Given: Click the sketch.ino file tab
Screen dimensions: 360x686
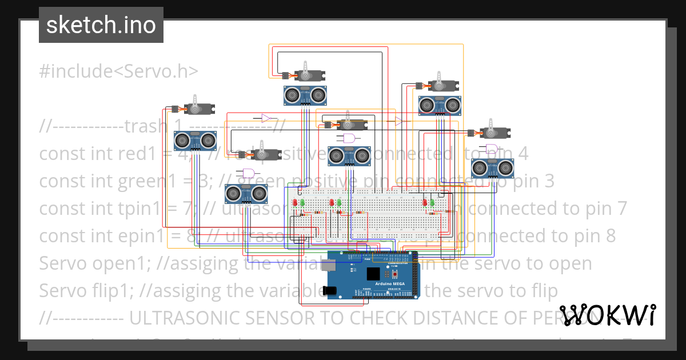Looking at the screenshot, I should click(101, 25).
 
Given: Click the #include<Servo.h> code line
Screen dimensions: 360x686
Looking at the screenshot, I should click(119, 71).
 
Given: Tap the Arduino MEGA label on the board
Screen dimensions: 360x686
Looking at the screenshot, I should click(391, 284).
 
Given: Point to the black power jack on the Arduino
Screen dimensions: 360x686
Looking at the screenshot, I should click(330, 290).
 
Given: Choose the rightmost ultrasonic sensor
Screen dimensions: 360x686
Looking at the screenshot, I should click(492, 168).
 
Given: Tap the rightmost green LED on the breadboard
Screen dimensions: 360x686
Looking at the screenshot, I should click(432, 203).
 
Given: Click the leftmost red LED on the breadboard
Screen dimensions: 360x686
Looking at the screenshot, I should click(295, 203).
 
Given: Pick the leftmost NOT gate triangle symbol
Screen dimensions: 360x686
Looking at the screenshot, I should click(266, 118).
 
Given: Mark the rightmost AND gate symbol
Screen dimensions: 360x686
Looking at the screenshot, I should click(491, 150).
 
